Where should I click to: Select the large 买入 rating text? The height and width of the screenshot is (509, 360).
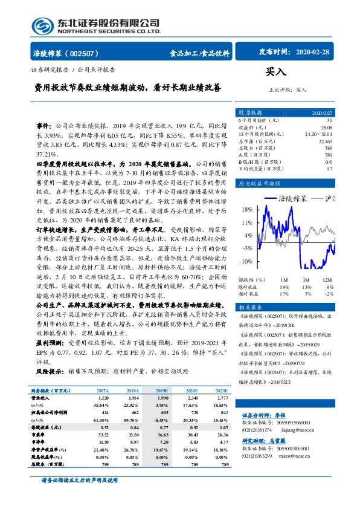tap(275, 73)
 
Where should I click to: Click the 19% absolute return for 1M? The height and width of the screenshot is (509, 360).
tap(284, 287)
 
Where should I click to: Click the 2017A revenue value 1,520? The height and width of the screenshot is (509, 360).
tap(103, 399)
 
